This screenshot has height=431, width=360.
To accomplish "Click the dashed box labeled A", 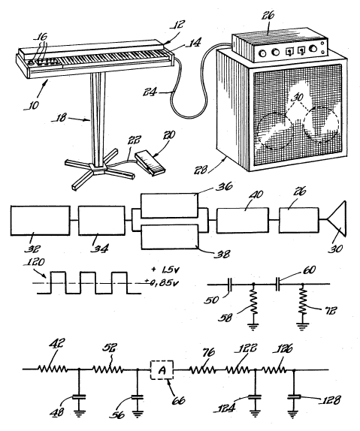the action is tap(162, 370).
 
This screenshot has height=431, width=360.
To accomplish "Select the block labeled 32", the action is tap(40, 221).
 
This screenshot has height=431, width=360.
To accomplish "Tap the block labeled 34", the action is tap(101, 221).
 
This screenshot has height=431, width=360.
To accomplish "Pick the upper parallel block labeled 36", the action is tap(169, 205).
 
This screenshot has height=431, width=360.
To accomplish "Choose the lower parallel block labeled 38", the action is tap(169, 237).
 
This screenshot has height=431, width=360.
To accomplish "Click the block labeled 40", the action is tap(243, 221).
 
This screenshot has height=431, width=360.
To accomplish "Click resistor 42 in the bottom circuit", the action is tap(53, 369).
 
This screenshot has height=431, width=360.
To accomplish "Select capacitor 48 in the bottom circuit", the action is tap(79, 396).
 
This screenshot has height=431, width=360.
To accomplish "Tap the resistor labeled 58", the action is tap(253, 303).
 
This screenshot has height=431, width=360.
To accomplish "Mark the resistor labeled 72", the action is tap(302, 303).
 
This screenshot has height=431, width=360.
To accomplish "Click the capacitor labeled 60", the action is tap(278, 285).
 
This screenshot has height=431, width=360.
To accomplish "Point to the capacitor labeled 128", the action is tap(294, 396).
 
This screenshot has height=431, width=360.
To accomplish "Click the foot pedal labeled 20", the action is tap(150, 162).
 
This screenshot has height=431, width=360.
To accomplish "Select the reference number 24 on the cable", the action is tap(150, 92).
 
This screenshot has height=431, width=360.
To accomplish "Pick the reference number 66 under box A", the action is tap(178, 400).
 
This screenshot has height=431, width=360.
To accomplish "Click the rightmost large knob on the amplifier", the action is tap(313, 49).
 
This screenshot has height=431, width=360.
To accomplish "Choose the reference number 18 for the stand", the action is tap(59, 118).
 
